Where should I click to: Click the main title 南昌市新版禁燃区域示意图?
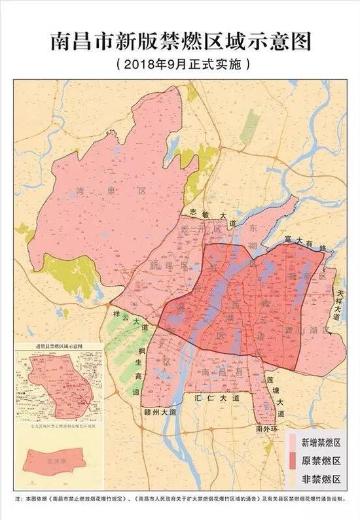[180, 41]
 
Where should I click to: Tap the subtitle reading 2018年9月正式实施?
[180, 65]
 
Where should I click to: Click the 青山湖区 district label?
[318, 330]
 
